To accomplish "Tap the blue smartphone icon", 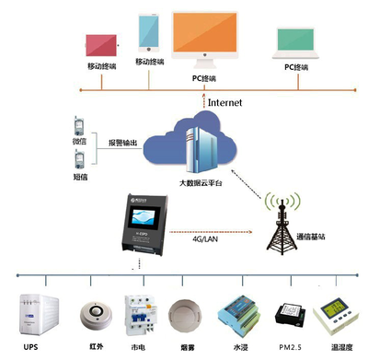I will pos(148,34).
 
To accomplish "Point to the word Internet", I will pos(225,102).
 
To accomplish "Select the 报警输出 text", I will pos(123,143).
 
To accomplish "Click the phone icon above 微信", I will pos(80,124).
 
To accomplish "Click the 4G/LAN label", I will pos(205,238).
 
